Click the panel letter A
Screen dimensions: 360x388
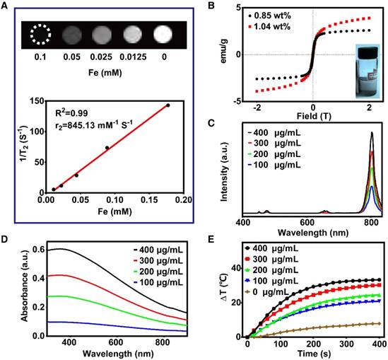tap(6, 6)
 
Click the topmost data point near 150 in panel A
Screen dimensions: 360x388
tap(167, 105)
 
